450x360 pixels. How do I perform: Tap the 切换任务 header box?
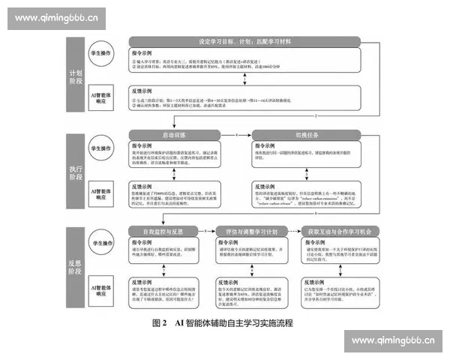click(299, 134)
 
